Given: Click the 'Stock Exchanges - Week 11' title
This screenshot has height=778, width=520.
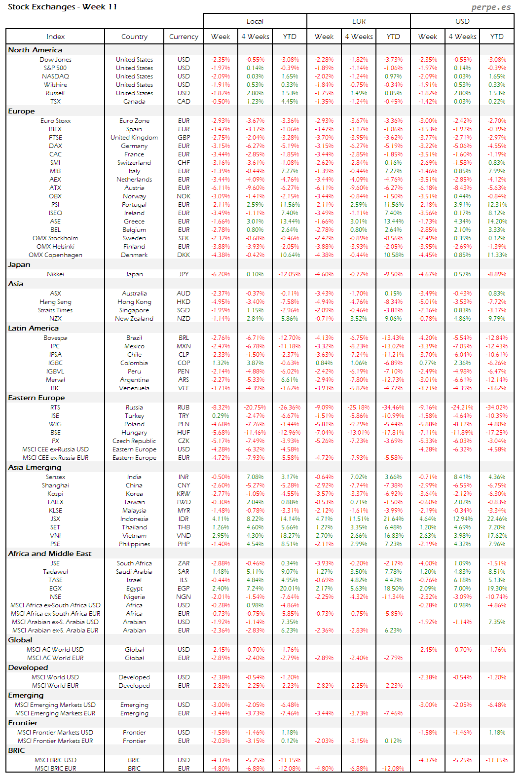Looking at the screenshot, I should click(62, 7).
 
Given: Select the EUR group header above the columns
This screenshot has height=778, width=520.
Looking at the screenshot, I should click(359, 21).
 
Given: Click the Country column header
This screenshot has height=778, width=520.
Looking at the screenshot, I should click(134, 37).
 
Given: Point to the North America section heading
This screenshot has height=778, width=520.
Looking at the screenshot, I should click(35, 50).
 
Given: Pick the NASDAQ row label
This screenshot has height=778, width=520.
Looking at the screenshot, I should click(55, 76).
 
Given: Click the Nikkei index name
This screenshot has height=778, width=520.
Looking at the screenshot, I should click(55, 274).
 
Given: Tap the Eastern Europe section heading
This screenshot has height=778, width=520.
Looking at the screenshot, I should click(37, 398).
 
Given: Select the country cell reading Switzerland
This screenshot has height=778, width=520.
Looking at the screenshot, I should click(134, 163).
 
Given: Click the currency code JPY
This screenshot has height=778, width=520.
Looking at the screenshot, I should click(184, 274).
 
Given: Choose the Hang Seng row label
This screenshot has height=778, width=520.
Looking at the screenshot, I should click(55, 302).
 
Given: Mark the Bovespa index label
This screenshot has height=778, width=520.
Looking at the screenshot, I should click(55, 338).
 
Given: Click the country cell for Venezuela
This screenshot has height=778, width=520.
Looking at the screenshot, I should click(134, 388).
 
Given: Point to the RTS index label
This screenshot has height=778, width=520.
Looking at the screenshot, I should click(55, 408).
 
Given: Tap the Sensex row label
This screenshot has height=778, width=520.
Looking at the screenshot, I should click(55, 477).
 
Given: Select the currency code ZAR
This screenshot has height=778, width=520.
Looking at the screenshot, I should click(184, 563).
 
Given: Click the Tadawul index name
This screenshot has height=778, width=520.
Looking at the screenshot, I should click(55, 572).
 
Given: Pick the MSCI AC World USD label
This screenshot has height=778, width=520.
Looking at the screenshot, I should click(55, 650).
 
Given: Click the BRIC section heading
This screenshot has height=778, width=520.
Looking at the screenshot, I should click(16, 750).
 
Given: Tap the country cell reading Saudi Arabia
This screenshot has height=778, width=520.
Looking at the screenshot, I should click(134, 572).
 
